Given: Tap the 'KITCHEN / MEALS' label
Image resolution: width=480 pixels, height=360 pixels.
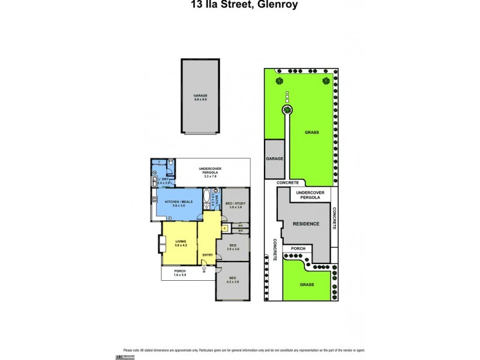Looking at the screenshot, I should point(179,202).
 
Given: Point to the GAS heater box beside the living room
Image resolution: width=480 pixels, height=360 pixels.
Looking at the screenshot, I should point(163,244).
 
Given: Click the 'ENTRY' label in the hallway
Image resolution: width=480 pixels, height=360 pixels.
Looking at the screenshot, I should point(208,256).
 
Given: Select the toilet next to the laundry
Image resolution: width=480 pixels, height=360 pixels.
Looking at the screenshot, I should point(172,163).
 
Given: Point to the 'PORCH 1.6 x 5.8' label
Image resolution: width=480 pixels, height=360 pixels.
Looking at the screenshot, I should point(180,273).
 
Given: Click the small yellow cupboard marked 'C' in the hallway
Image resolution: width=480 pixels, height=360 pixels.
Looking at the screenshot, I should point(224,227).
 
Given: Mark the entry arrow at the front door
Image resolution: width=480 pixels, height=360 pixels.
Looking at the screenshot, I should point(205,269).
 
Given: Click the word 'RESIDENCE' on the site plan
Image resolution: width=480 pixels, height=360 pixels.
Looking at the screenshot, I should point(305,224).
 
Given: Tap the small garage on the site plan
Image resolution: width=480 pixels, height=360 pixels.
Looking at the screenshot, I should point(274,159).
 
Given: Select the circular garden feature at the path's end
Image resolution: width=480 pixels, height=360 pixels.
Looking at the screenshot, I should point(287,110).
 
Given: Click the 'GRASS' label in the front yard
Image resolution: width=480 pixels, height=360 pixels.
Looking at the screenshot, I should point(307,285).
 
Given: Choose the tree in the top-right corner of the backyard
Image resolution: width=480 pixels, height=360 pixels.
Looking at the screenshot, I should point(326,81).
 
